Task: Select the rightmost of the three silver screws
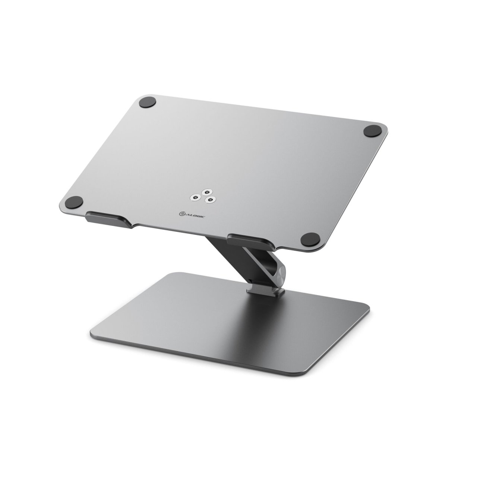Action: [x=211, y=200]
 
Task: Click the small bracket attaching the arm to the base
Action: [x=267, y=289]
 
